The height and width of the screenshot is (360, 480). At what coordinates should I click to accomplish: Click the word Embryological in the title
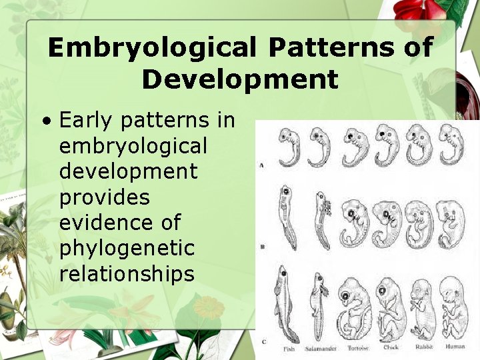point(151,48)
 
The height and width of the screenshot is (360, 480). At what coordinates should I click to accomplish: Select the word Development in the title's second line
point(240,79)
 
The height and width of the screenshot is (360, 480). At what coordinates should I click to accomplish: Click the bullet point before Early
point(46,121)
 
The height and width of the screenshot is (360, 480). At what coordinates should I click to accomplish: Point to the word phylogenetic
point(127,249)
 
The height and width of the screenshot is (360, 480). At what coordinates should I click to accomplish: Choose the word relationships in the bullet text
point(127,273)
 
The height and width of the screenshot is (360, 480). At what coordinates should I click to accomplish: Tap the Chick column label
point(392,347)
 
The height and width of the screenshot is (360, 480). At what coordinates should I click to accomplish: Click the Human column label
point(455,347)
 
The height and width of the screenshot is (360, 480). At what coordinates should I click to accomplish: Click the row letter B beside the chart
point(263,247)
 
